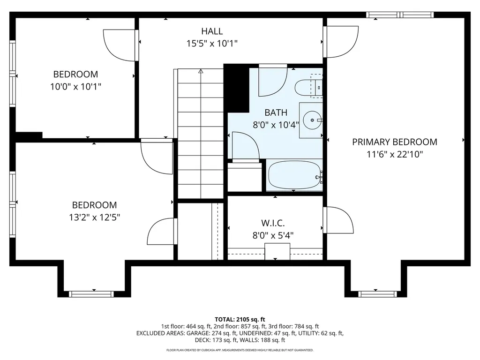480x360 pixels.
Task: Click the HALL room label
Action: pyautogui.click(x=212, y=31)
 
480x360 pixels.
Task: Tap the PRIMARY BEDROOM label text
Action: pyautogui.click(x=395, y=142)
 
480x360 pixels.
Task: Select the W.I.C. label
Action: pyautogui.click(x=273, y=223)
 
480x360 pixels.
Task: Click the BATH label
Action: pyautogui.click(x=276, y=112)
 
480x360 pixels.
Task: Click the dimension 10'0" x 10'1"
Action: pyautogui.click(x=75, y=86)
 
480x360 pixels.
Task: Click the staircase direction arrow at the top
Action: pyautogui.click(x=201, y=72)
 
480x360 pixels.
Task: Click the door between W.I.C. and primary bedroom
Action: pyautogui.click(x=338, y=220)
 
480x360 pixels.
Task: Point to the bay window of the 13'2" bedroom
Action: pyautogui.click(x=91, y=294)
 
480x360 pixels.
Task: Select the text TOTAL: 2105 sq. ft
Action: pyautogui.click(x=240, y=318)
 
